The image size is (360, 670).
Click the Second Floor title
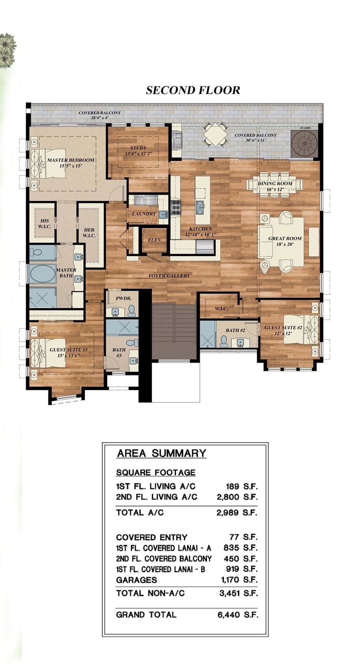193,90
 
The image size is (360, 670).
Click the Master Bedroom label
71,163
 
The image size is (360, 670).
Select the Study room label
139,151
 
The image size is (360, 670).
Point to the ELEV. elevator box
154,240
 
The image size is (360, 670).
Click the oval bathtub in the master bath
42,274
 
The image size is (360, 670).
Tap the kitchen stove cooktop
176,207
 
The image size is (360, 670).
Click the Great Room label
285,241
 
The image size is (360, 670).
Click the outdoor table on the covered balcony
216,134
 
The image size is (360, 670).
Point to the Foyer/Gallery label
169,276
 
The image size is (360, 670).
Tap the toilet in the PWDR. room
131,311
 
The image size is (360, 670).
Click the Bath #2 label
235,330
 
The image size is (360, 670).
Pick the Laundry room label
144,214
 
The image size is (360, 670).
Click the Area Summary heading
162,453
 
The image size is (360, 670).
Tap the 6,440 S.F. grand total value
237,615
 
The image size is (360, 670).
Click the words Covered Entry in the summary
152,537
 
